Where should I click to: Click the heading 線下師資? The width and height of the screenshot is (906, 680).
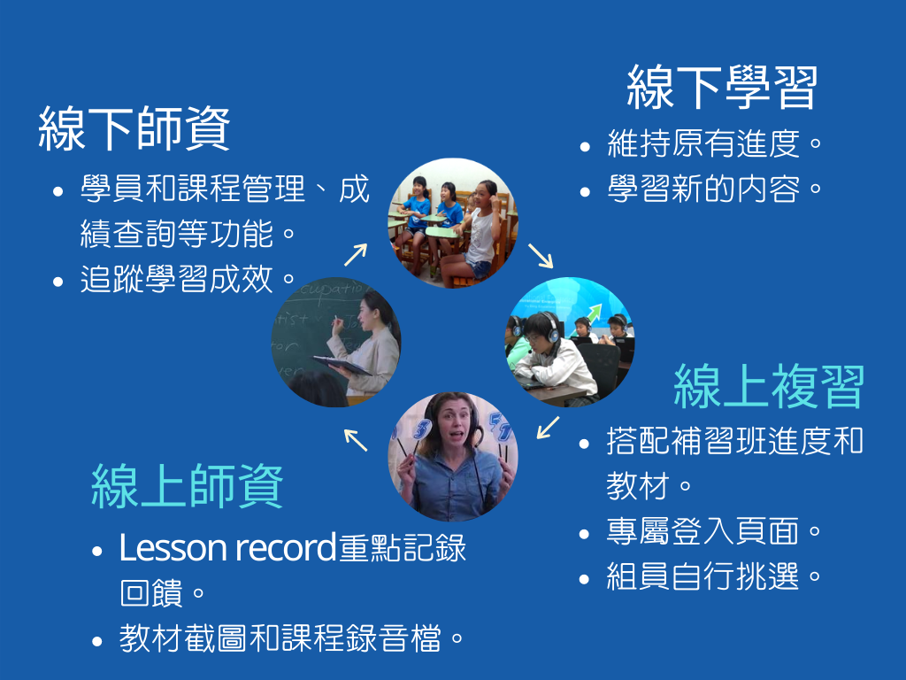(134, 128)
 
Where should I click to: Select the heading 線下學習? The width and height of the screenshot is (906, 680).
(722, 87)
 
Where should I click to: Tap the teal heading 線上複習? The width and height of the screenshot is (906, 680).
(769, 386)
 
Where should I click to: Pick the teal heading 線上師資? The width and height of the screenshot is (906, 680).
(188, 486)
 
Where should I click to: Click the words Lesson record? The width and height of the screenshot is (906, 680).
(227, 547)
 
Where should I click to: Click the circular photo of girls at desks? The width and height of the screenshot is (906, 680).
(453, 222)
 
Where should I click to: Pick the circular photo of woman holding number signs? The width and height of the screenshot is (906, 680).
(453, 457)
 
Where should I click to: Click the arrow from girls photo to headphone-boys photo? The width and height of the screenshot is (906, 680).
(541, 256)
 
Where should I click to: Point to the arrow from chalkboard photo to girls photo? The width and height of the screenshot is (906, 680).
(356, 254)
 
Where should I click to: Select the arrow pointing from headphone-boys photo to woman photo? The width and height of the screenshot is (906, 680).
(548, 428)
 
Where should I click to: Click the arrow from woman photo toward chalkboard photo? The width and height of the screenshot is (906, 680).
(356, 440)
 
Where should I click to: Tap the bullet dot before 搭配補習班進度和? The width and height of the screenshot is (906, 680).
(584, 444)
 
